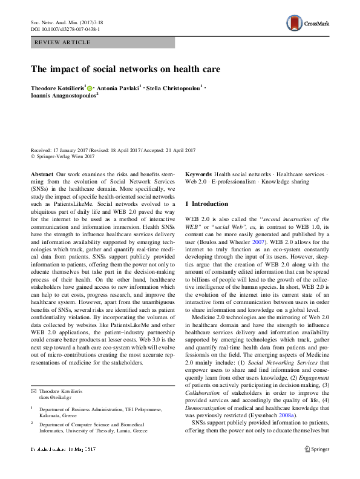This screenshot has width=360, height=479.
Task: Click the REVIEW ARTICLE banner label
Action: pos(64,42)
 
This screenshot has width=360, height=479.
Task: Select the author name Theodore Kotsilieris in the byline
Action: pos(58,88)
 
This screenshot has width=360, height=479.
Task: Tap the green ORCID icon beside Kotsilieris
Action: pos(91,88)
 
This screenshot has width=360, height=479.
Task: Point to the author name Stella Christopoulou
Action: pos(175,88)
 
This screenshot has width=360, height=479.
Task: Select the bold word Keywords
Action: pos(198,173)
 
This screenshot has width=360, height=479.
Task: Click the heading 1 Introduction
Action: pos(206,203)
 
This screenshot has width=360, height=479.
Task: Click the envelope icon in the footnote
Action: pos(33,393)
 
